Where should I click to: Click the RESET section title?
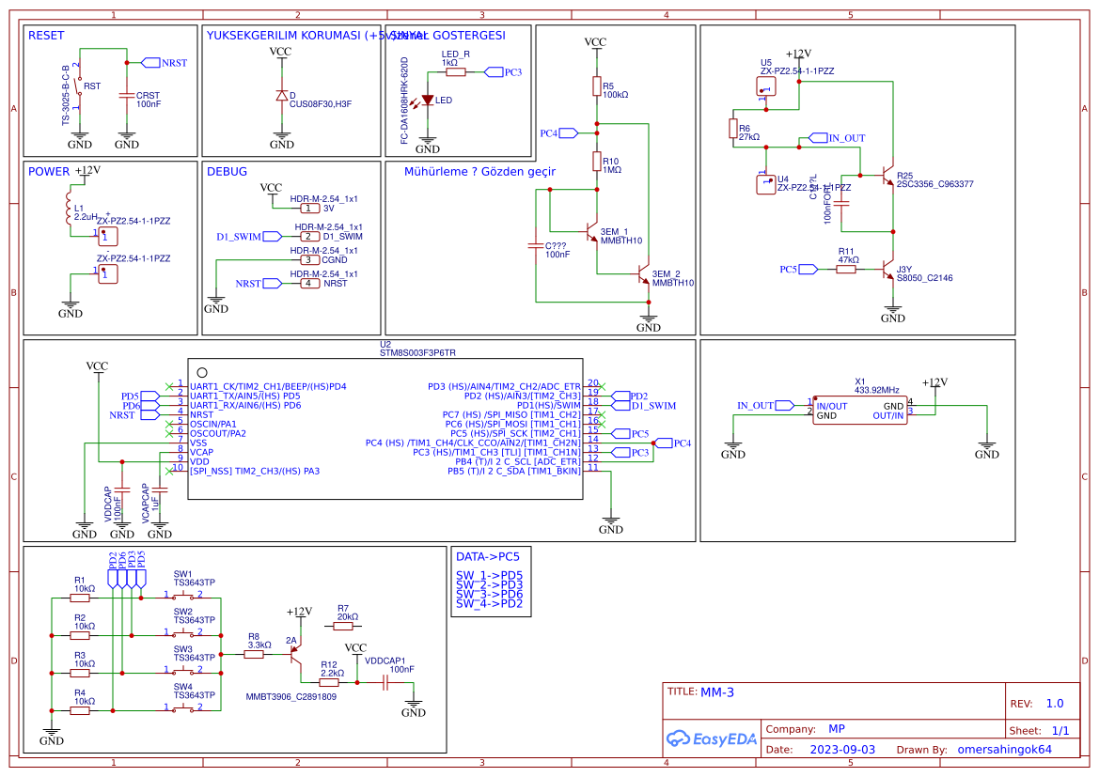[46, 36]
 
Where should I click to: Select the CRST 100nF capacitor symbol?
[127, 96]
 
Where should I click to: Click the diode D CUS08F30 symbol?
[281, 96]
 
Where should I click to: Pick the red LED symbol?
[428, 100]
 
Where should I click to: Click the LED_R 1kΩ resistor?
[456, 71]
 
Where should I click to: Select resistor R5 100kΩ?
[596, 86]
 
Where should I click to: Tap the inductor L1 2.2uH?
[68, 208]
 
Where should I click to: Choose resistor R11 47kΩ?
[846, 269]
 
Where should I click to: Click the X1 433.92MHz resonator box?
[860, 411]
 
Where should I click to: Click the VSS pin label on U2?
[198, 443]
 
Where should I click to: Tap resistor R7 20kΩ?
[342, 626]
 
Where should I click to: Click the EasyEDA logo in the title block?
[711, 738]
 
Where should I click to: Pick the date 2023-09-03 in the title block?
[842, 750]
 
